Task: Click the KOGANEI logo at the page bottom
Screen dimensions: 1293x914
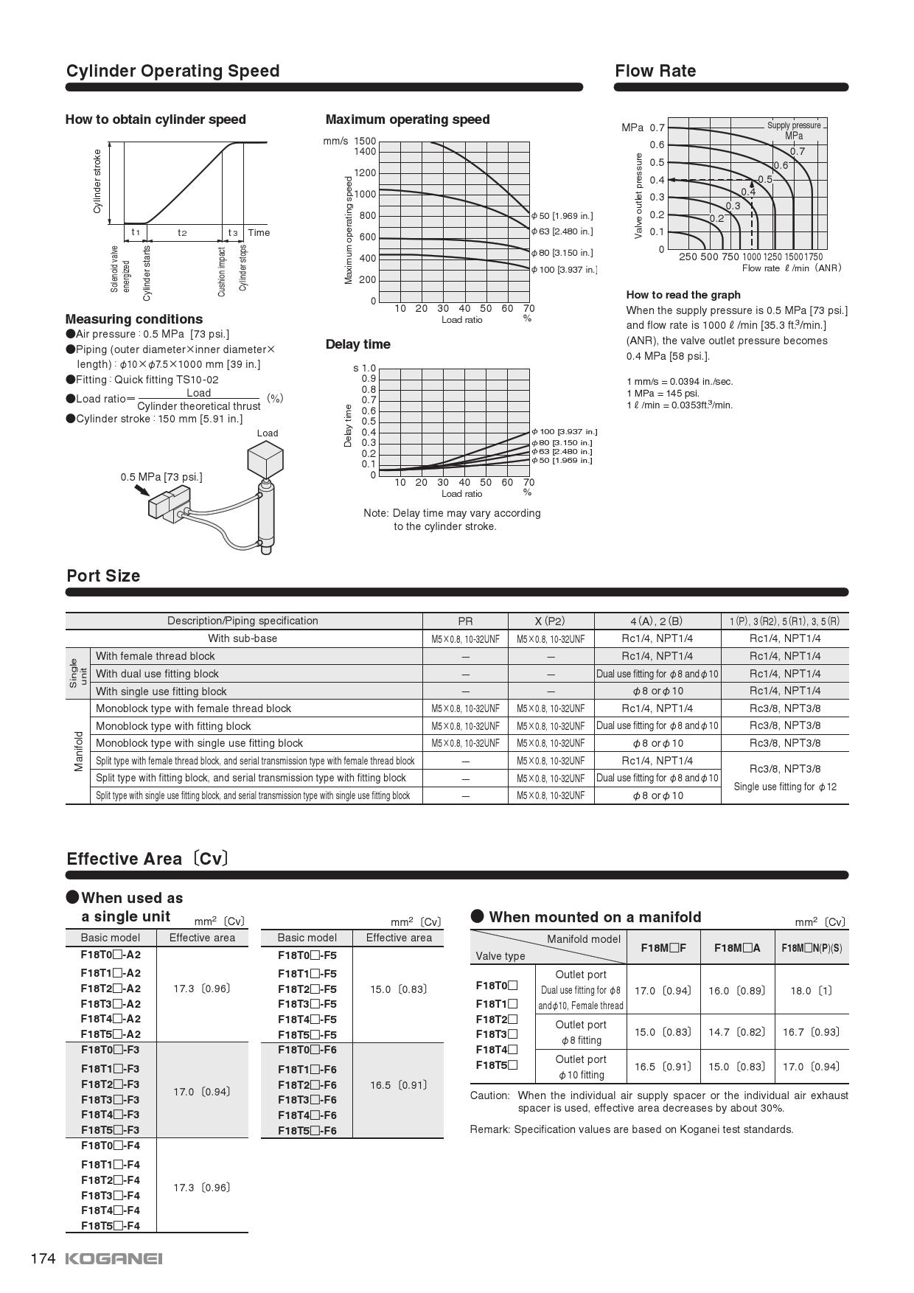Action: click(x=114, y=1258)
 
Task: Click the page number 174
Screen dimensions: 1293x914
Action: click(x=43, y=1258)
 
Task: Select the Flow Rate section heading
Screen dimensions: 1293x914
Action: click(x=655, y=71)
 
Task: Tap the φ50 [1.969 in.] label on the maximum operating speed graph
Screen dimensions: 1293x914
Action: click(x=562, y=216)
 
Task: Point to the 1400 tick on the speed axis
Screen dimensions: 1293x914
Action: click(x=365, y=152)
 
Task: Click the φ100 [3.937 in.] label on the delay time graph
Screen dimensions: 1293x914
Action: click(x=565, y=431)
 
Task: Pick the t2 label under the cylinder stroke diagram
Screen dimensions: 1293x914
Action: click(x=182, y=233)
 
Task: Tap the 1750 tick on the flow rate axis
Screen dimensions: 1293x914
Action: click(x=813, y=257)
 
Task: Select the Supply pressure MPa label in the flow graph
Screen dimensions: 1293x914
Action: click(x=794, y=130)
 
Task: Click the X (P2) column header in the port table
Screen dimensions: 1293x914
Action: click(x=550, y=621)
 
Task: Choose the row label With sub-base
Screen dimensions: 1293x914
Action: click(x=243, y=638)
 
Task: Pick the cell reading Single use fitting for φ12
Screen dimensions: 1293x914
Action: click(x=785, y=787)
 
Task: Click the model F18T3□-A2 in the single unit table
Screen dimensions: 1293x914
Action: click(x=111, y=1004)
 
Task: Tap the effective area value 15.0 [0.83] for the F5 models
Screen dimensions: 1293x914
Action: click(x=398, y=989)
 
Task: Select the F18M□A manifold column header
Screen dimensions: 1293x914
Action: click(x=737, y=948)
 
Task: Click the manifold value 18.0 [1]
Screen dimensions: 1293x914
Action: click(x=811, y=991)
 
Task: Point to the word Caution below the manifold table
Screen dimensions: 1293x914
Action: click(x=489, y=1095)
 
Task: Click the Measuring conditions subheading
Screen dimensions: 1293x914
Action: click(x=133, y=319)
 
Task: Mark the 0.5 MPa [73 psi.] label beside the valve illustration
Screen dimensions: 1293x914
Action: click(x=161, y=477)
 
